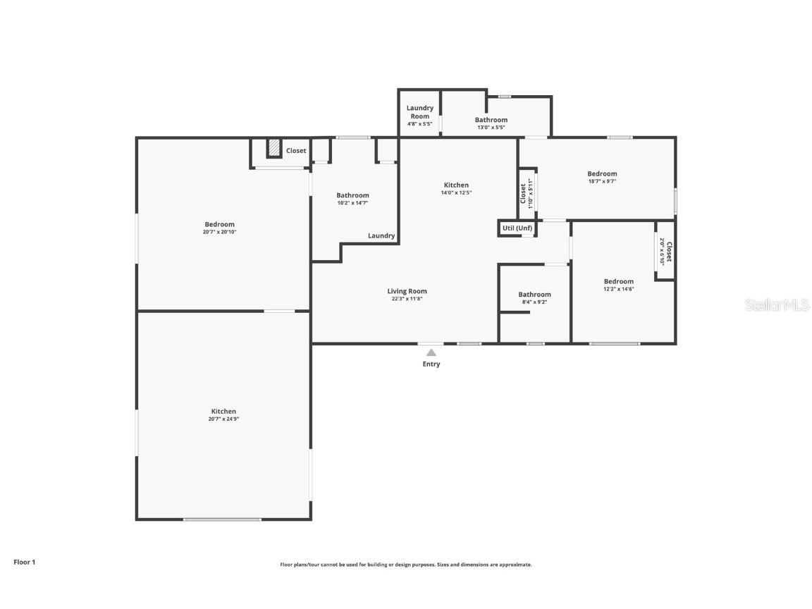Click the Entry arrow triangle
(x=431, y=352)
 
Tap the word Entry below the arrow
(x=431, y=364)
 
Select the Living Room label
(x=407, y=291)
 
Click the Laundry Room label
(x=420, y=112)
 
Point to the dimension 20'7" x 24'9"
(x=223, y=419)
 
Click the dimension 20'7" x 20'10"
(x=220, y=232)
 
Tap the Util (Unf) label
(x=517, y=228)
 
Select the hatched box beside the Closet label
(x=274, y=149)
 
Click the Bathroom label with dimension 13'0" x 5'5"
(x=491, y=120)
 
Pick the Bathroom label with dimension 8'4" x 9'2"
(x=534, y=295)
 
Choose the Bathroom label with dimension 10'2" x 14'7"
(x=352, y=195)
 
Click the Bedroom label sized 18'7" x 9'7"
(x=602, y=173)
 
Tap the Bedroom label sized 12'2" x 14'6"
(x=618, y=281)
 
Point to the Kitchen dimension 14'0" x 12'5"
(x=456, y=193)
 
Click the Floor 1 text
(x=25, y=562)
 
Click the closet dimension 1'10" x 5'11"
(x=531, y=191)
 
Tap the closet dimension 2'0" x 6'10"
(x=662, y=251)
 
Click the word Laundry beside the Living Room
(x=381, y=236)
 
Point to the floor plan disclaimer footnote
(x=406, y=565)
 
